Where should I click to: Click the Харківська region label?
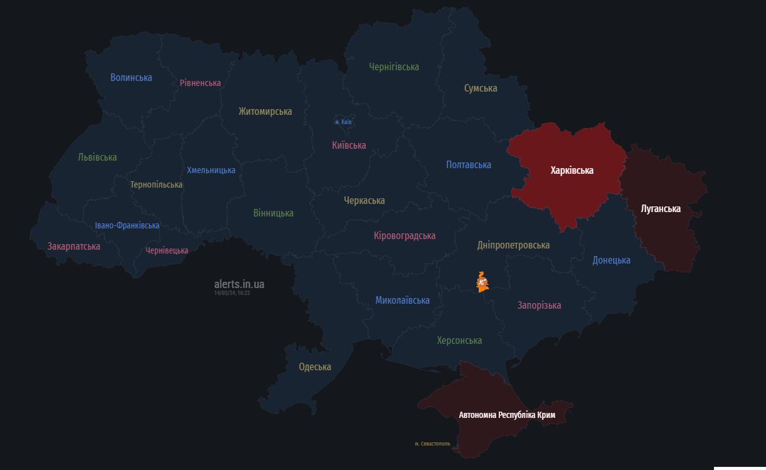[x=572, y=171]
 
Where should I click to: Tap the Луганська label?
[x=661, y=209]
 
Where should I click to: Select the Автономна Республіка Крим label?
[x=507, y=415]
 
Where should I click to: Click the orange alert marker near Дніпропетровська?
[x=482, y=282]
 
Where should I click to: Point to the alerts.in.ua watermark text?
[x=239, y=284]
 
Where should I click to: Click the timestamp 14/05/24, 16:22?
[x=232, y=293]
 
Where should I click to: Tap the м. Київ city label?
[x=343, y=122]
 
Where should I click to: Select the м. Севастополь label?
[x=432, y=444]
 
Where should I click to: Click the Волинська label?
[x=131, y=78]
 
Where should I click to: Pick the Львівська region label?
[x=97, y=158]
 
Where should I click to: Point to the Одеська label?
[x=315, y=367]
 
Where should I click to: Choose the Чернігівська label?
[x=394, y=67]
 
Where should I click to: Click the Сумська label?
[x=481, y=88]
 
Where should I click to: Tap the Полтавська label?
[x=469, y=165]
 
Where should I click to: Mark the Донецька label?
[x=612, y=260]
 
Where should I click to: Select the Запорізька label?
[x=539, y=306]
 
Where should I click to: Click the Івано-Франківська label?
[x=127, y=225]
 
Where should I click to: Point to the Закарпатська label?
[x=74, y=247]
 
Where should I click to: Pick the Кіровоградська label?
[x=405, y=236]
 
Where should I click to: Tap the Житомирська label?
[x=265, y=112]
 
